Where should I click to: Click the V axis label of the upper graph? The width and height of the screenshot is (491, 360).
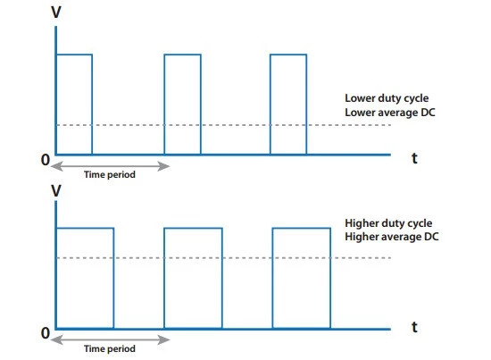pos(56,13)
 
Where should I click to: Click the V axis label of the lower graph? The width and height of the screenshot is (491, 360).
pos(56,191)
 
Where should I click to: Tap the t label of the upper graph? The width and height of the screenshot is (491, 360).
pos(414,158)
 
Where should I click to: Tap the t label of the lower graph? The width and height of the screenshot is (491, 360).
pos(414,327)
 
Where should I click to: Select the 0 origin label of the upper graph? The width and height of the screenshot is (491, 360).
pos(46,160)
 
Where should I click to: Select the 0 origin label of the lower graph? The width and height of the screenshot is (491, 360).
pos(46,333)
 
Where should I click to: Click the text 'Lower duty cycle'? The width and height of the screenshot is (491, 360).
pos(387,98)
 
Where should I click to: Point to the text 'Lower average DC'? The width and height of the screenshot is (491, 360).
pos(390,113)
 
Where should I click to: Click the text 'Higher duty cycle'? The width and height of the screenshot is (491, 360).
pos(388,223)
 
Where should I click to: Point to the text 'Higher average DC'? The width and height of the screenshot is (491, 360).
pos(392,237)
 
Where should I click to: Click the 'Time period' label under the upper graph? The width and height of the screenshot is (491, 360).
pos(110,174)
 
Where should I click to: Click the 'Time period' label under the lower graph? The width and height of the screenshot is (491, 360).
pos(110,348)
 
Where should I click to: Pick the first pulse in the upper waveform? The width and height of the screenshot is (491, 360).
pos(92,105)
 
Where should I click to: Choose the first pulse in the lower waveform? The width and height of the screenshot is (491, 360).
pos(113,278)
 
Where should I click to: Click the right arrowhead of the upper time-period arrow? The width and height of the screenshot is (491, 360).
pos(163,166)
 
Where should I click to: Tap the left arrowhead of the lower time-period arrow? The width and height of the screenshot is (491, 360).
pos(56,339)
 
